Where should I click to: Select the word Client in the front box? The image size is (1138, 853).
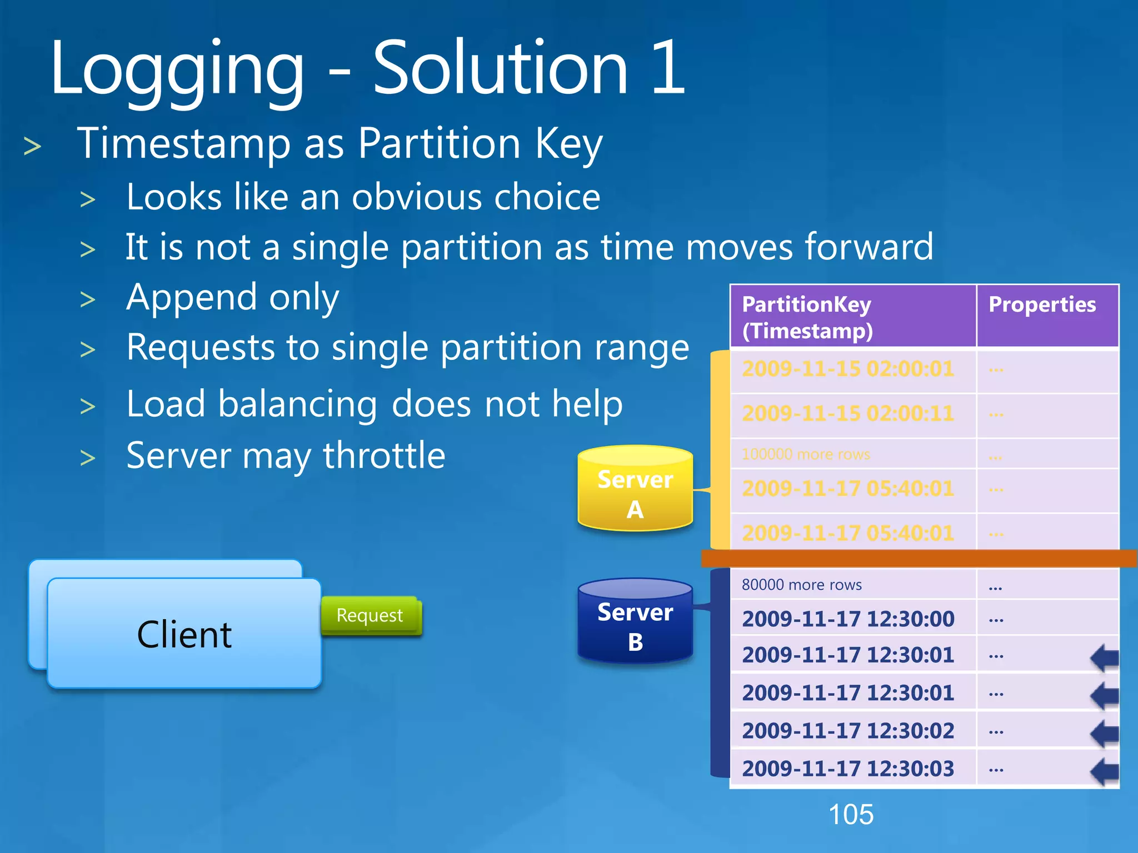click(184, 635)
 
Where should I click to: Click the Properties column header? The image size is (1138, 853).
click(1042, 305)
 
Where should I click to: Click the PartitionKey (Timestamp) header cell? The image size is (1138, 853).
click(807, 317)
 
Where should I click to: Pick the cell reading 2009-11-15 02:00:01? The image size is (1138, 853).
click(848, 369)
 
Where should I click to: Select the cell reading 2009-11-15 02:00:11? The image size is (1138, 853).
click(848, 414)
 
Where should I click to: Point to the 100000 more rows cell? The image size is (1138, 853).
click(806, 454)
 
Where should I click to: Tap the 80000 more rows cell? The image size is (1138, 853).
click(802, 585)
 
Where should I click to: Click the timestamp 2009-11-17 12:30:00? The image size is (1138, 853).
click(848, 619)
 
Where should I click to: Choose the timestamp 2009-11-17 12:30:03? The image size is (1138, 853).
click(848, 769)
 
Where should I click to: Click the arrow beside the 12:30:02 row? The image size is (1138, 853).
click(1105, 732)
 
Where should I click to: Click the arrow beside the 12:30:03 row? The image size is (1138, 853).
click(1105, 771)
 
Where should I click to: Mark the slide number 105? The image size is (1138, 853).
click(851, 815)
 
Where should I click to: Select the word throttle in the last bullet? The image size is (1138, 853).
click(384, 456)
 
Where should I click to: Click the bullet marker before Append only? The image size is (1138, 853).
click(88, 300)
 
